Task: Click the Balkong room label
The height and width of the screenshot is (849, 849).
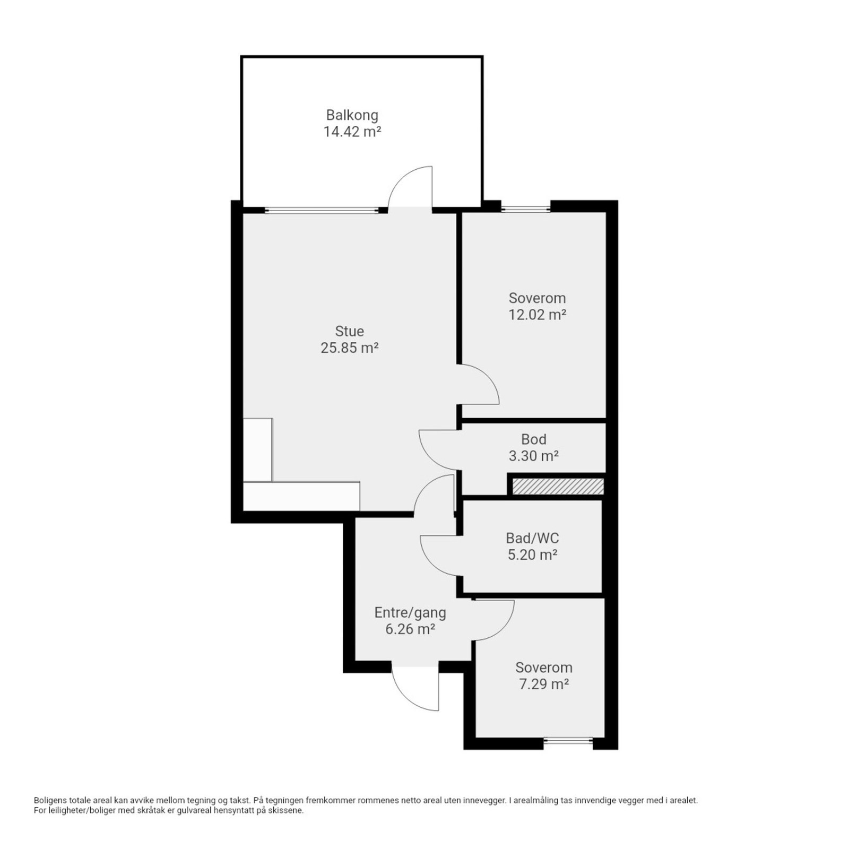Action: (x=352, y=115)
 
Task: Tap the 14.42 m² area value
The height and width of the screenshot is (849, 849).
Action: (x=352, y=132)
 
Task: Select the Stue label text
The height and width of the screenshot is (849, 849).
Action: (x=349, y=331)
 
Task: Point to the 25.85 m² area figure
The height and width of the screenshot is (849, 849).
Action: (x=349, y=348)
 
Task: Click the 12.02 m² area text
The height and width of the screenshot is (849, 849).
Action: (x=537, y=315)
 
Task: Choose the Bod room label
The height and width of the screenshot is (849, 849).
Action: (x=534, y=439)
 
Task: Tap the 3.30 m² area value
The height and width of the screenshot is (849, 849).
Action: (x=534, y=456)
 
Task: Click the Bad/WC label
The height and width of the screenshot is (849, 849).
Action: (x=532, y=538)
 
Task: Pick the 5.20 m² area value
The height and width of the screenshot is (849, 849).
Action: (x=532, y=555)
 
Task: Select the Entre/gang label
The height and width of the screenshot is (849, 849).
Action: (x=410, y=613)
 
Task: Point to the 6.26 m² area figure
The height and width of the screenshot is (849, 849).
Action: (x=410, y=629)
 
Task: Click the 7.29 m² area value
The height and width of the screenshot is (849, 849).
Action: (x=544, y=684)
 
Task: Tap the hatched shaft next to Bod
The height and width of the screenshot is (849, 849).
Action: (x=558, y=487)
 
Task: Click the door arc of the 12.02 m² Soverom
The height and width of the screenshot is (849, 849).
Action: (x=491, y=378)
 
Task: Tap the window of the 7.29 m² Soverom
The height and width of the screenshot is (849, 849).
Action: (x=568, y=741)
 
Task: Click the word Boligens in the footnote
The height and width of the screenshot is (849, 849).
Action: (x=49, y=800)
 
